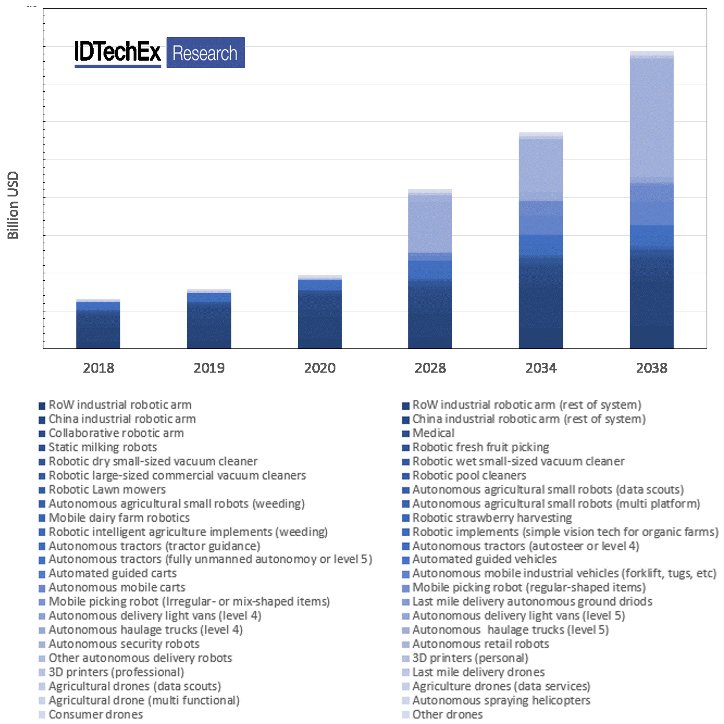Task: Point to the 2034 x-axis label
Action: [541, 367]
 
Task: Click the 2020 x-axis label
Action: [320, 367]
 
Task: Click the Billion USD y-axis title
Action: [13, 205]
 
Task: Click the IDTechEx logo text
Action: [118, 53]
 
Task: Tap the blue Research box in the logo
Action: [205, 53]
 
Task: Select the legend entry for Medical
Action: [433, 433]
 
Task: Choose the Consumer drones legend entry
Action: [95, 714]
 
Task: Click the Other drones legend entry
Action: [447, 714]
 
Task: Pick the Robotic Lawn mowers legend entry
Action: [107, 489]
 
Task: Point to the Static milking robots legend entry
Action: [102, 447]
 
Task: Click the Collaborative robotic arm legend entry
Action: [116, 433]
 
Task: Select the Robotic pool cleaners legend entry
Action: [469, 476]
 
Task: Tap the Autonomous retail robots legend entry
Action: [480, 644]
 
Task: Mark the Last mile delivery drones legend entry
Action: [478, 672]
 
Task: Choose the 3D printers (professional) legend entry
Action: [116, 672]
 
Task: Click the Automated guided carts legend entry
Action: [112, 573]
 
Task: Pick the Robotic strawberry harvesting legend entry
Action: [492, 518]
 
